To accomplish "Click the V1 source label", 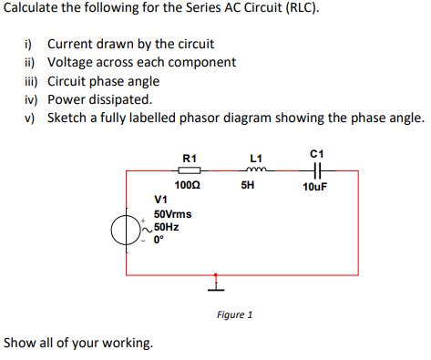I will (161, 200).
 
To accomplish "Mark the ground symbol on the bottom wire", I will (216, 283).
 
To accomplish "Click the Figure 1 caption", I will (234, 314).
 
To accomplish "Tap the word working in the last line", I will (127, 343).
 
